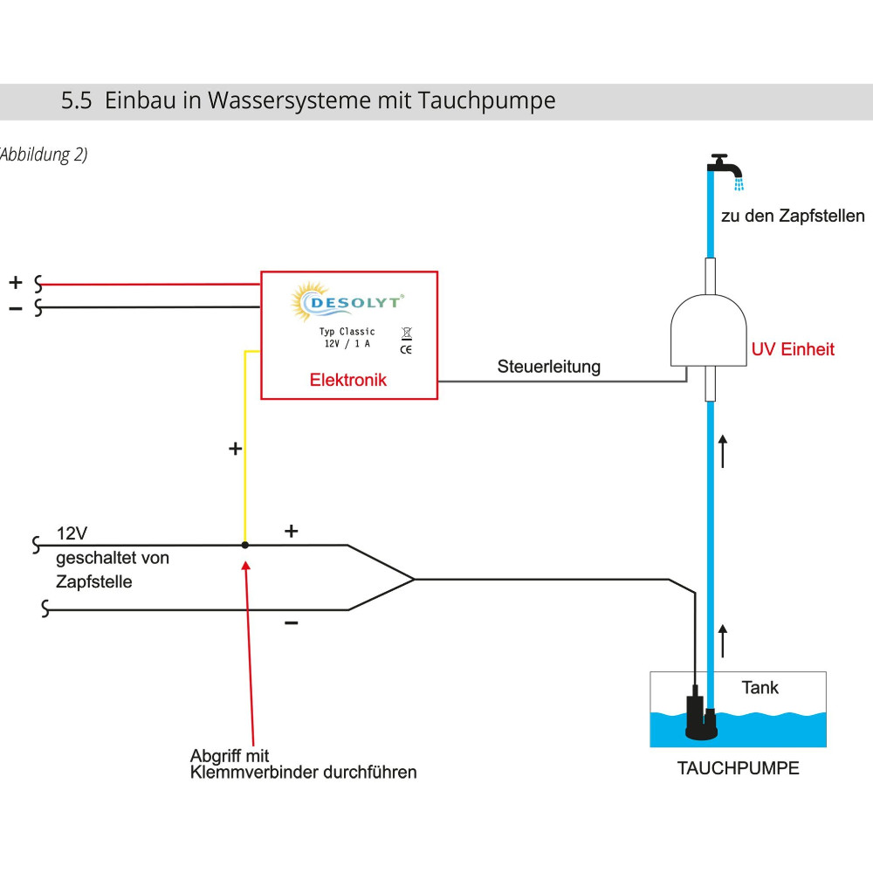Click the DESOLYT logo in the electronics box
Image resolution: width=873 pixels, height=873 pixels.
point(347,302)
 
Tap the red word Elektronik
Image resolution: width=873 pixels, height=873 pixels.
point(347,381)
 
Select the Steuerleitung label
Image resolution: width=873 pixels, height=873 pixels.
point(549,367)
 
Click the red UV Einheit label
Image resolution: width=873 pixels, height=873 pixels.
point(793,349)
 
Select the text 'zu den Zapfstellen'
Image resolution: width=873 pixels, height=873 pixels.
point(792,216)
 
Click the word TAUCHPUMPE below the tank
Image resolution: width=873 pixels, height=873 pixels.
point(738,769)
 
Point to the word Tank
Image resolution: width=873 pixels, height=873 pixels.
point(760,688)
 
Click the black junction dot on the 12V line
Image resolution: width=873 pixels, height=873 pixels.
point(244,545)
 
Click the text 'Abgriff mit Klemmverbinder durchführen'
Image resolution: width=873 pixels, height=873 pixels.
point(303,764)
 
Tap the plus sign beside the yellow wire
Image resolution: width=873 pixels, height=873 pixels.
point(234,449)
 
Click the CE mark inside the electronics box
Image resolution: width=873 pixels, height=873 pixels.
point(406,349)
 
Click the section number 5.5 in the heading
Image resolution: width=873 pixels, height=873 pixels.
point(76,100)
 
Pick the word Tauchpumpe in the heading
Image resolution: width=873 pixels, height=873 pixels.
point(486,100)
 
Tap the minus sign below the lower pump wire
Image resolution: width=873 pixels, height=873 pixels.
point(292,623)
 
